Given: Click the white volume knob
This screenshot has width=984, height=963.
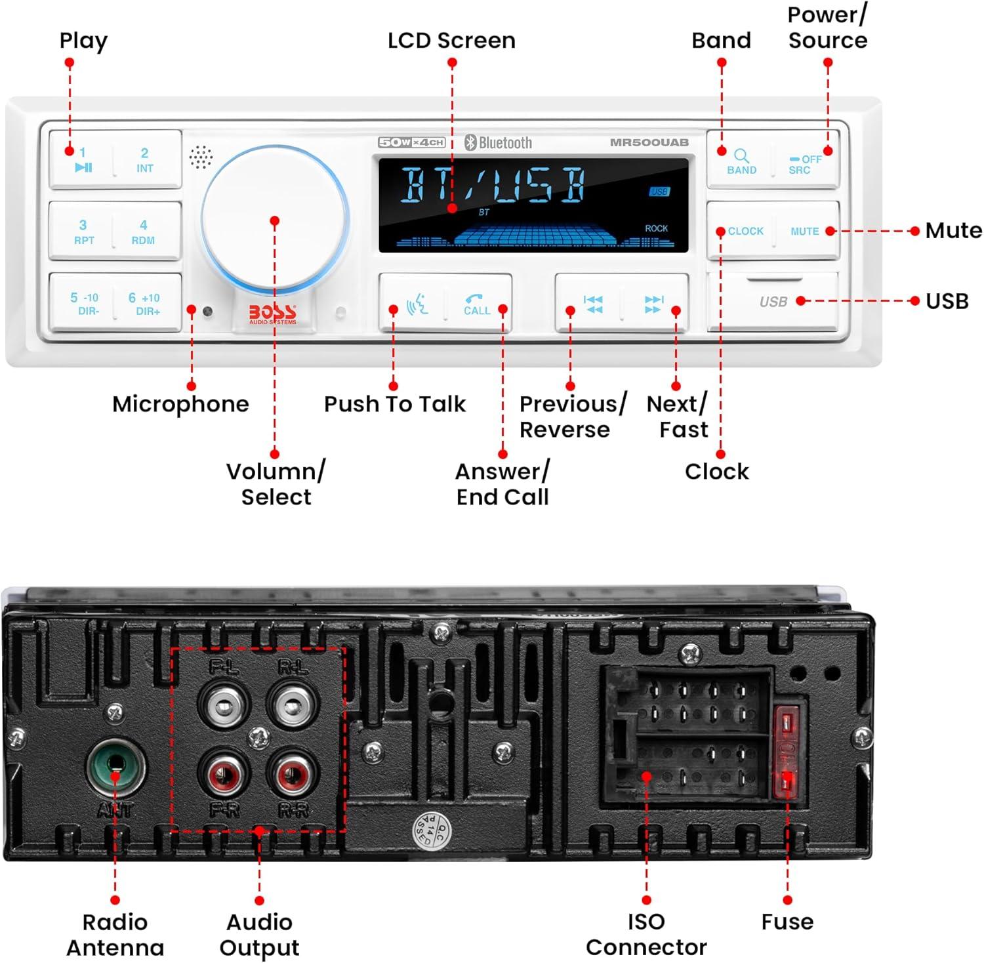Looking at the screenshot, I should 275,219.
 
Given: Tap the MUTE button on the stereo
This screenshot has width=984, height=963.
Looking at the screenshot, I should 805,231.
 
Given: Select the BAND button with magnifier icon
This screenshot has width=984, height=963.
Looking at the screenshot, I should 741,161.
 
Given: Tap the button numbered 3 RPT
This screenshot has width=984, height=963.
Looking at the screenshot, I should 83,232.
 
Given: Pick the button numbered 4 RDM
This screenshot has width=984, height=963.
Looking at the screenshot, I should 143,232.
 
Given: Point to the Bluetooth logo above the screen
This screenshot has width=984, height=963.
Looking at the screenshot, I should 499,142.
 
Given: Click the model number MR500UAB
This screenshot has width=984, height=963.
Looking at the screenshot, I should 649,142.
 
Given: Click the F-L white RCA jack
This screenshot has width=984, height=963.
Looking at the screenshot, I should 223,706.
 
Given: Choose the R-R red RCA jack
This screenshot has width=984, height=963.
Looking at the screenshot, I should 293,774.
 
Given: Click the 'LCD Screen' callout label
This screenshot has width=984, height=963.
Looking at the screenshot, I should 451,41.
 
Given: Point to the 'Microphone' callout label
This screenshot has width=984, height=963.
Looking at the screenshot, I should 180,404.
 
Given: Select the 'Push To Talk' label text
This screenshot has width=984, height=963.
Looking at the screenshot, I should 395,404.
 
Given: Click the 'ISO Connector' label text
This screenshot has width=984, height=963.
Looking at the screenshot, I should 646,934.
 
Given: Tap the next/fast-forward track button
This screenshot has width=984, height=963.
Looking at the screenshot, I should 654,304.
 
